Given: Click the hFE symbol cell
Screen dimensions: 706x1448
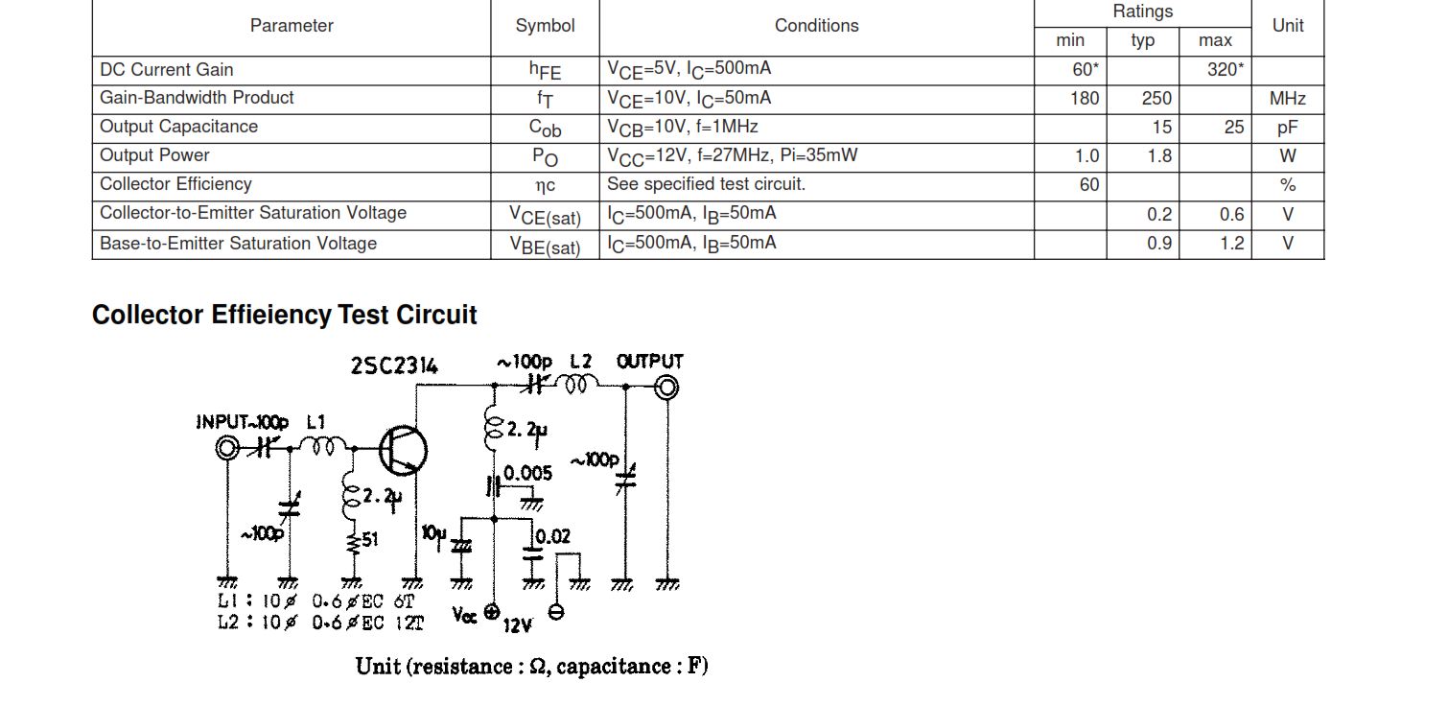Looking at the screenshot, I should tap(545, 70).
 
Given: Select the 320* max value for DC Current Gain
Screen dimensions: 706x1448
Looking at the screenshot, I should tap(1225, 70).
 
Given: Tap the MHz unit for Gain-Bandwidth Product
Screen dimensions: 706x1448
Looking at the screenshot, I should tap(1287, 99).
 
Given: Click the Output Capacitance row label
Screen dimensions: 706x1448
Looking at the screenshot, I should tap(178, 127).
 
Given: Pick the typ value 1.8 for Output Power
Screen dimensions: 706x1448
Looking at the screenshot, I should tap(1159, 155).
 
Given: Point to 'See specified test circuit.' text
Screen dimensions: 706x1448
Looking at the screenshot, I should tap(706, 184).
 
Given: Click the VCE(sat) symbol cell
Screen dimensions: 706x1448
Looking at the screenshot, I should tap(545, 215).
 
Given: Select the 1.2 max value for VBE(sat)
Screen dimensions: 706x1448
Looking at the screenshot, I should tap(1231, 244).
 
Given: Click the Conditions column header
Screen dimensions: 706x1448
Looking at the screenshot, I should tap(816, 26).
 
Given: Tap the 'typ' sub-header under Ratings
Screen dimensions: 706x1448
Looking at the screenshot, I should tap(1142, 40).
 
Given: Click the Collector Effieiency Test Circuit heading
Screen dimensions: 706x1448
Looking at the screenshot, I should tap(284, 315).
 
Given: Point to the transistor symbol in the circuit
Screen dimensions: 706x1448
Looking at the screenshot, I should tap(402, 451).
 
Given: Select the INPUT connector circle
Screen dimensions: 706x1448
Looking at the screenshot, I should tap(227, 448).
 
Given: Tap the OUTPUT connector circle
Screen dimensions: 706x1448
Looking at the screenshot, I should tap(666, 387).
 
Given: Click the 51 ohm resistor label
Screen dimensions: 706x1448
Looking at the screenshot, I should tap(369, 540).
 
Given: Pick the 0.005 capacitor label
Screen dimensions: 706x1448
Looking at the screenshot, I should tap(527, 473).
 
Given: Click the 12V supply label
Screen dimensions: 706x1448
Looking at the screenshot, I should tap(517, 625).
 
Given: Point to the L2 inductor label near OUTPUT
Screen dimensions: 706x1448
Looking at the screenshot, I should tap(580, 362).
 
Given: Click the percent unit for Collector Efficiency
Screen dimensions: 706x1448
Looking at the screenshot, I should tap(1287, 185).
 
